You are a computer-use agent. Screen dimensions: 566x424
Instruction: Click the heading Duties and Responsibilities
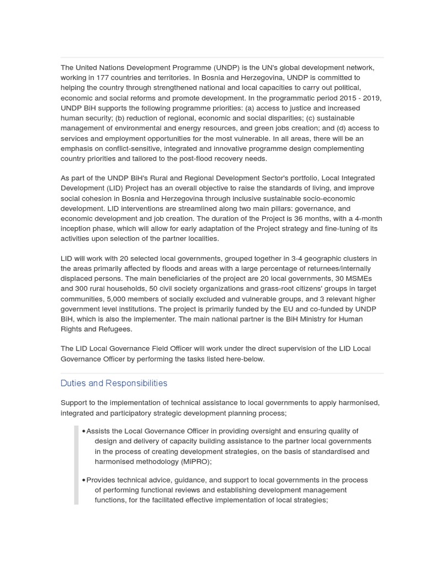coord(114,383)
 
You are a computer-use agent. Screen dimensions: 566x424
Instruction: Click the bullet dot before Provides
coord(83,480)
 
